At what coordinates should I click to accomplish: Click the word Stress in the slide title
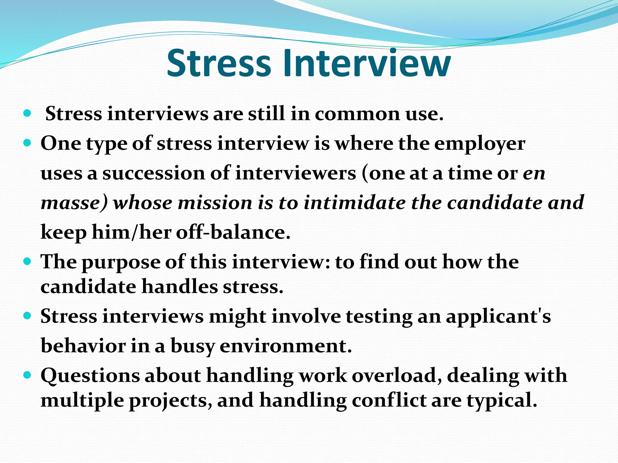click(x=218, y=63)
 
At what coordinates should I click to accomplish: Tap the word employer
click(x=479, y=144)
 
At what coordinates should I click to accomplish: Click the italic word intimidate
click(x=355, y=203)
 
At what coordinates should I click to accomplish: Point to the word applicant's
click(x=498, y=317)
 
